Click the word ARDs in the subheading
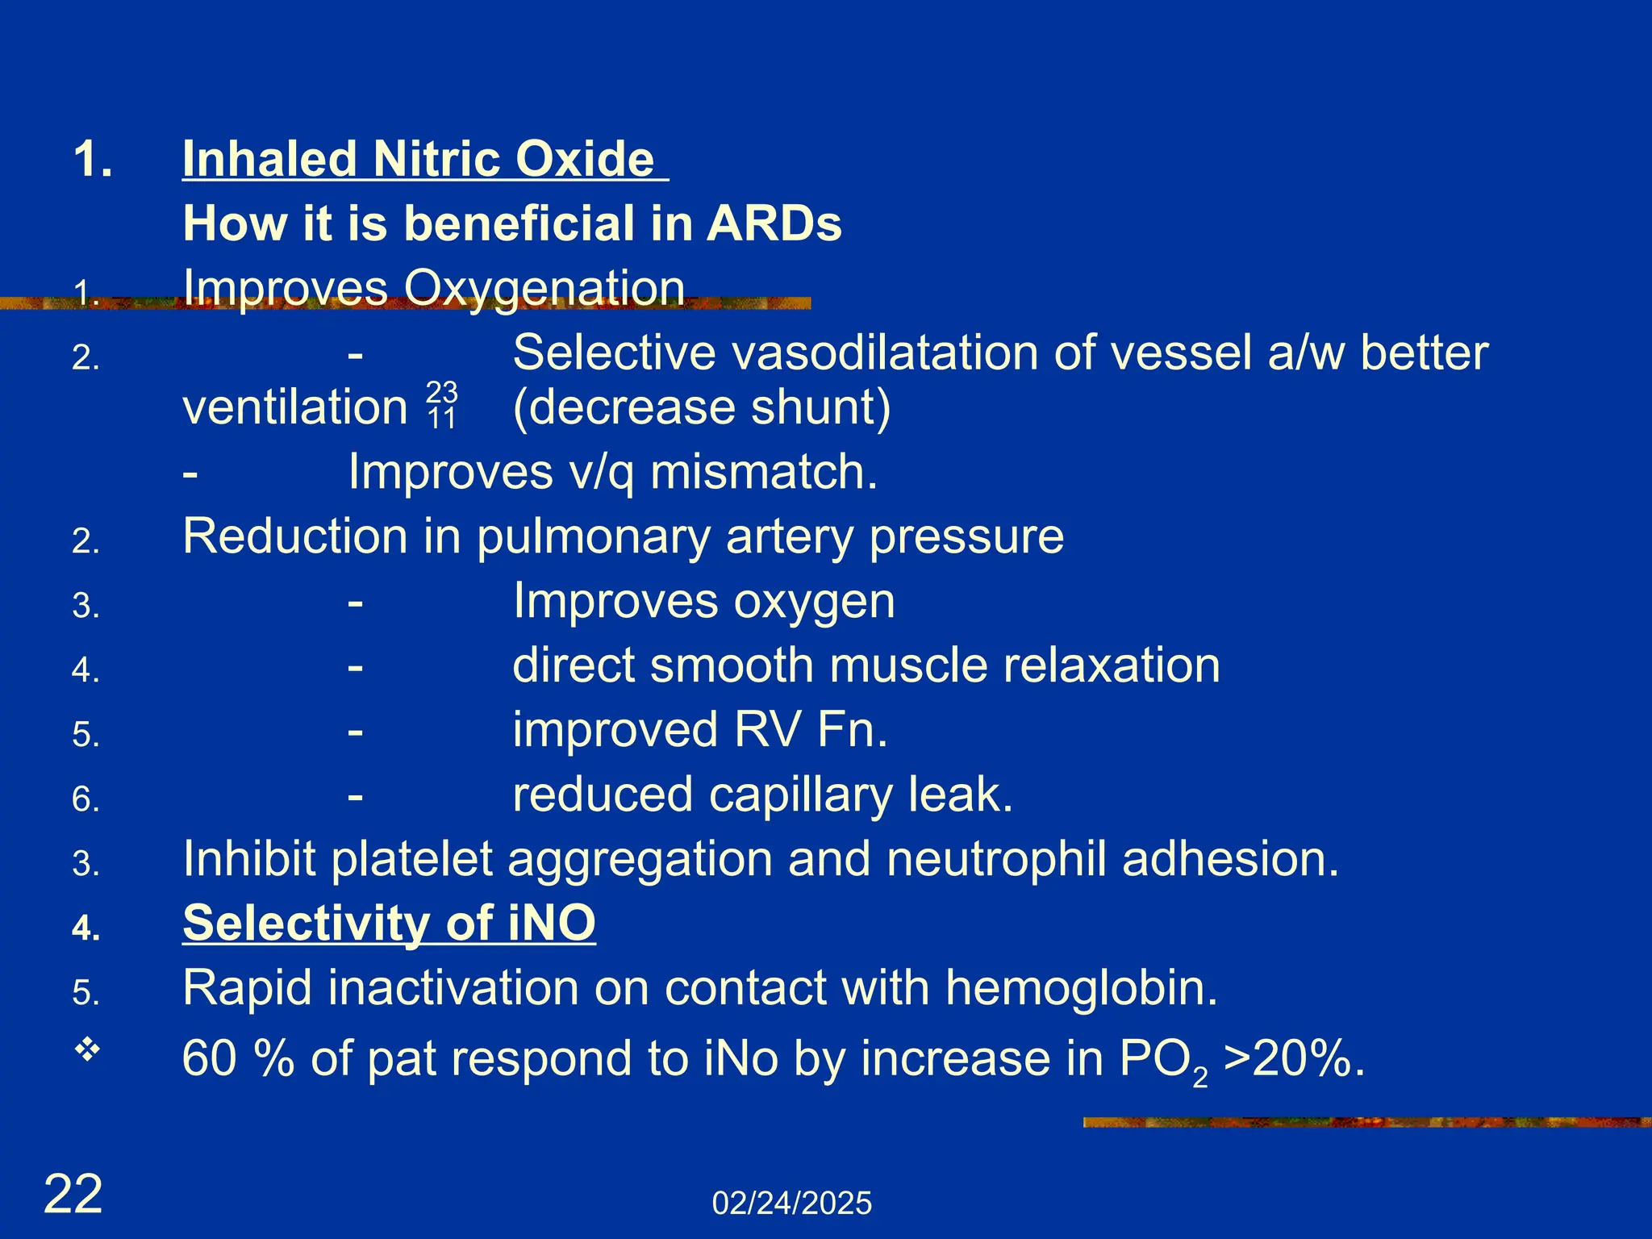coord(774,223)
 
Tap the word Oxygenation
coord(544,288)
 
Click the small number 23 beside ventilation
coord(441,392)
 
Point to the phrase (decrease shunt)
coord(702,407)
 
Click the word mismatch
coord(763,472)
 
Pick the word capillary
coord(800,795)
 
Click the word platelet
coord(411,859)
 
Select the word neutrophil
coord(996,859)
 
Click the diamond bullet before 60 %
coord(87,1050)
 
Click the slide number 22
coord(73,1195)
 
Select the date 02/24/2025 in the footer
coord(791,1204)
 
